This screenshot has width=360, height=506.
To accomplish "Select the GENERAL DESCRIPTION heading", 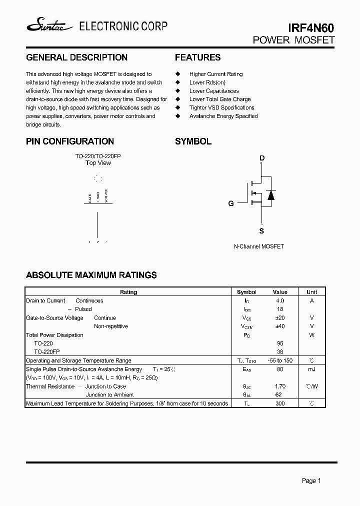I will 76,57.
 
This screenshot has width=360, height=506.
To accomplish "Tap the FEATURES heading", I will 197,57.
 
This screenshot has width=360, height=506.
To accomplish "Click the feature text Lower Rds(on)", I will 207,82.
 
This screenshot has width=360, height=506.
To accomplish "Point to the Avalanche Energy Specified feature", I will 223,116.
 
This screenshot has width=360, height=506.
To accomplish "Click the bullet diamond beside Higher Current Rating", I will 177,74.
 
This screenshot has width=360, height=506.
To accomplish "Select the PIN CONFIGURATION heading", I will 70,141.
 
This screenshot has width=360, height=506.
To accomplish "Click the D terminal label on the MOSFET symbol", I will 261,159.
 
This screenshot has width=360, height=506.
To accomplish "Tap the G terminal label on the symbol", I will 231,203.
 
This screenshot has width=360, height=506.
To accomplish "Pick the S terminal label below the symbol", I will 261,231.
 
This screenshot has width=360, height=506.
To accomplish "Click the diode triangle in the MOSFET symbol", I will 271,194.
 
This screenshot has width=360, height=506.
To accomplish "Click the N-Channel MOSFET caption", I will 259,246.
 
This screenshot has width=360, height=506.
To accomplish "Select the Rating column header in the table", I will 128,292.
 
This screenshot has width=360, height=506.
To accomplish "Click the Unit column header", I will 311,292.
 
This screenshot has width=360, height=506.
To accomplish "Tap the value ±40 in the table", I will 279,326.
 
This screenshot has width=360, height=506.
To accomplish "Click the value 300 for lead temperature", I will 279,403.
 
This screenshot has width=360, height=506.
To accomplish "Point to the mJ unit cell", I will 311,369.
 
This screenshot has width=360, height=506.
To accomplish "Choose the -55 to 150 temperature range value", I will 279,360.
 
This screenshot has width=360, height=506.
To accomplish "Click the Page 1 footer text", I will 311,480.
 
